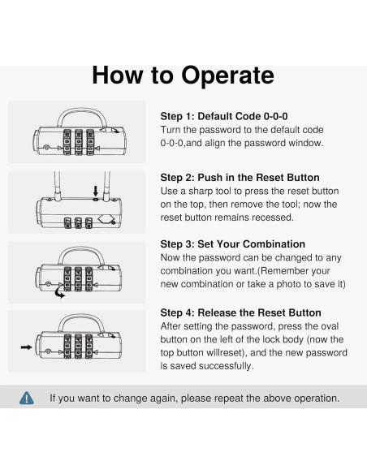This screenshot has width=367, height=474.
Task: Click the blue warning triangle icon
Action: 27,399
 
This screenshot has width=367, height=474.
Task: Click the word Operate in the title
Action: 227,75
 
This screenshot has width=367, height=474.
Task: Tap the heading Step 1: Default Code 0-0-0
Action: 224,116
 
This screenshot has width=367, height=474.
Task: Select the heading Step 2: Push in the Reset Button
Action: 240,178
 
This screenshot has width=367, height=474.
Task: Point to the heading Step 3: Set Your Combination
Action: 233,244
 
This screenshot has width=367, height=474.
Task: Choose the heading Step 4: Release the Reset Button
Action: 240,312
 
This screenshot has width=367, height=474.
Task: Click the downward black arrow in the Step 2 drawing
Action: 96,191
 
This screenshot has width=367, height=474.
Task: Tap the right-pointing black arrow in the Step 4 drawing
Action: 26,347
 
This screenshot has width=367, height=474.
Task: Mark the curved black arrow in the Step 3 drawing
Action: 59,292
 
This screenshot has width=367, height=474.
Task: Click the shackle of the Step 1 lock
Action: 82,110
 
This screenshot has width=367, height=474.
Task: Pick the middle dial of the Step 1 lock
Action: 79,142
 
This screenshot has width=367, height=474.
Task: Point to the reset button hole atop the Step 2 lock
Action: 96,200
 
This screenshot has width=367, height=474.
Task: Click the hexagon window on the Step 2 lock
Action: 106,219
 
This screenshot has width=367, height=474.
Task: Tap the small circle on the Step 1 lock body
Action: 46,148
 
